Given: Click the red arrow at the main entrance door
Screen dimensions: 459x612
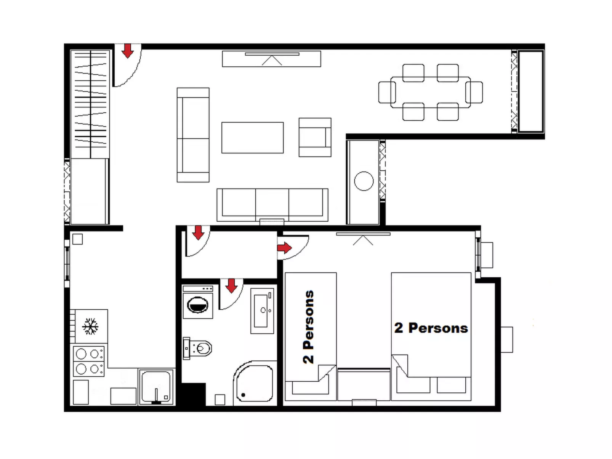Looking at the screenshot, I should (128, 51).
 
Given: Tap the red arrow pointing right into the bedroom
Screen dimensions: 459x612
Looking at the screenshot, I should (284, 248).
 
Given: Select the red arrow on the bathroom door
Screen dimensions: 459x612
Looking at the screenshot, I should (231, 286).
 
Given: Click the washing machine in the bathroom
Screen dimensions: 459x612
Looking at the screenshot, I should (197, 302).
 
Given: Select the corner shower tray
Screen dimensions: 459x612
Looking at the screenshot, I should (254, 384).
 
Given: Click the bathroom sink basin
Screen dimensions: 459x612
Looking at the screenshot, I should (262, 310).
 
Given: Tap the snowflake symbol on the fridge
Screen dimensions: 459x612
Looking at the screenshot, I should (90, 326).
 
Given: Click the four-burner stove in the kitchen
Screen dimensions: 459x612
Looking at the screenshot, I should (88, 361).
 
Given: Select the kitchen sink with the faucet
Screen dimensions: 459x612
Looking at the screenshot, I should (156, 386).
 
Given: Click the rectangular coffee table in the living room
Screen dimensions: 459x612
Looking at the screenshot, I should (252, 138).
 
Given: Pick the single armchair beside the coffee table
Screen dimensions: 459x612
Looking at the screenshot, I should (314, 137).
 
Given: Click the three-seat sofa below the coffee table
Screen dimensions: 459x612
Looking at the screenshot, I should (272, 205).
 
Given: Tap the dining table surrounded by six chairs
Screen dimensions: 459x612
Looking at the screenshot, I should (431, 92).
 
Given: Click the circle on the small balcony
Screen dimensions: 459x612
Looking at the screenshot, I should (364, 181).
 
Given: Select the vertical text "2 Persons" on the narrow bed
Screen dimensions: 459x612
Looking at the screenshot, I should (309, 326).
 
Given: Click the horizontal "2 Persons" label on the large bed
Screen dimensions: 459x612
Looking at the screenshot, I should (431, 328).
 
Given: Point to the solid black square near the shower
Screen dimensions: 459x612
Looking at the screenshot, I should (193, 395).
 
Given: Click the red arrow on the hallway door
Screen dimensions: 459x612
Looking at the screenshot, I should (198, 232).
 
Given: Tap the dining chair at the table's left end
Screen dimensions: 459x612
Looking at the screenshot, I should (386, 92).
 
